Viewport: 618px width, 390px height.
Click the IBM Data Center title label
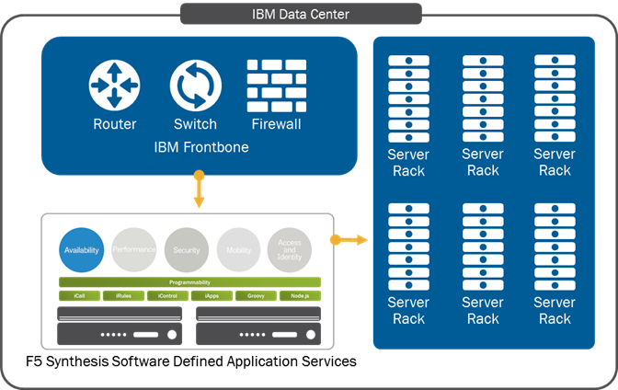click(x=300, y=14)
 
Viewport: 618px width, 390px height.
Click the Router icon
click(x=114, y=86)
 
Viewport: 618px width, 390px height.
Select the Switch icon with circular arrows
click(x=195, y=86)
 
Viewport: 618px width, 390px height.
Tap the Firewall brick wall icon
click(x=276, y=85)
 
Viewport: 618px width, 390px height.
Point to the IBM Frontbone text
click(x=198, y=147)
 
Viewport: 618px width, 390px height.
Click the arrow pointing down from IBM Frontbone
click(x=198, y=191)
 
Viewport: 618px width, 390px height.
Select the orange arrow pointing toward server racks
click(x=349, y=240)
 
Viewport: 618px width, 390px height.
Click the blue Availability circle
click(x=82, y=249)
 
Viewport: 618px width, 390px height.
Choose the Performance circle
click(x=133, y=249)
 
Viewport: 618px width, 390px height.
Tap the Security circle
click(x=187, y=249)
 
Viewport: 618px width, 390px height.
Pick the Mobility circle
click(x=239, y=249)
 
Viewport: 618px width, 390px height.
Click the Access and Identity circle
click(x=290, y=249)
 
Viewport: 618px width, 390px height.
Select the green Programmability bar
click(x=190, y=282)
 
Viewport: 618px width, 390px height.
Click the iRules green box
click(x=123, y=296)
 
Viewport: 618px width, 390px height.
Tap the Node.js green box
click(x=300, y=296)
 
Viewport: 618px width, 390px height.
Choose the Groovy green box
click(x=256, y=296)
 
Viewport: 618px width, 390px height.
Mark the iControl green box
click(x=167, y=296)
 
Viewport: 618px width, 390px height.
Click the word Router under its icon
click(x=115, y=124)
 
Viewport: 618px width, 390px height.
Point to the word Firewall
click(x=276, y=124)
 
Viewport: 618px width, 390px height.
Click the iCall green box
click(x=79, y=296)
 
